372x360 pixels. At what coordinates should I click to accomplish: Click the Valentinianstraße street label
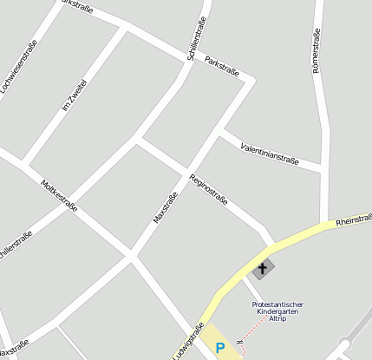click(x=270, y=154)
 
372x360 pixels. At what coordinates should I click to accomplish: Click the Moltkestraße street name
click(x=60, y=196)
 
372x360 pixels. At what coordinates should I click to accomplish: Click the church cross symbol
click(x=263, y=269)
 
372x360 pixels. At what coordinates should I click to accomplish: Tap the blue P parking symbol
click(x=220, y=349)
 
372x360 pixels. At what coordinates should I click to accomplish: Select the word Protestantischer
click(x=277, y=304)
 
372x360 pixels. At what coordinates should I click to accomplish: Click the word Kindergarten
click(x=277, y=312)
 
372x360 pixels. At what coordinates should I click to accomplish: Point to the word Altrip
click(x=277, y=320)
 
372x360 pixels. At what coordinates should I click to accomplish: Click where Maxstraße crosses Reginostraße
click(x=186, y=167)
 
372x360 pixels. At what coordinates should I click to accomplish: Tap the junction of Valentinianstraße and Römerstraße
click(x=323, y=167)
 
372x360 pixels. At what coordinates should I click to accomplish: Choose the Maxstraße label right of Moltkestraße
click(x=166, y=208)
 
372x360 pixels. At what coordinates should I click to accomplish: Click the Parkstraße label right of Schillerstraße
click(x=222, y=67)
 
